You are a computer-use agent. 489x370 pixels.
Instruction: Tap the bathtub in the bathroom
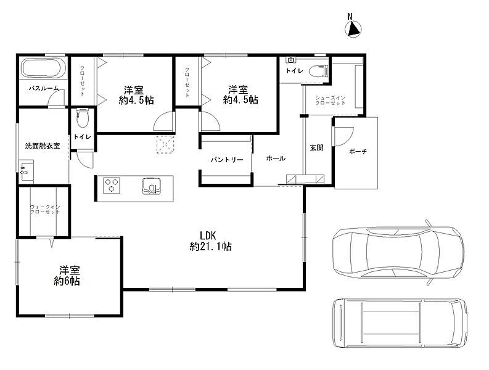pos(43,68)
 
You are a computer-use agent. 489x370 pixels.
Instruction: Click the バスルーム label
pos(43,89)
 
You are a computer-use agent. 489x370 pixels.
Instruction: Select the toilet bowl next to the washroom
pos(83,117)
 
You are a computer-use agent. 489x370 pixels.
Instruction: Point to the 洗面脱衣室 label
pos(43,146)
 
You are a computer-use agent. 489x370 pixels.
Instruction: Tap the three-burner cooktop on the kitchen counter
pos(112,184)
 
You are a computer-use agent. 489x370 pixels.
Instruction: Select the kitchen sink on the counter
pos(152,186)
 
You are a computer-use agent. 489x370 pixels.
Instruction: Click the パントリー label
pos(227,160)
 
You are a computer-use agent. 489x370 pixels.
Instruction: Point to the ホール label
pos(276,158)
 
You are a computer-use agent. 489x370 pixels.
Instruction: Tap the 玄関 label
pos(316,147)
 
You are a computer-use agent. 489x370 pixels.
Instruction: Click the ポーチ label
pos(358,152)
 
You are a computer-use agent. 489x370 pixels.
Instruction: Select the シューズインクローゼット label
pos(330,100)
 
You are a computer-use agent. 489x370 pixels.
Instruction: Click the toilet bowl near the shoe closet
pos(319,71)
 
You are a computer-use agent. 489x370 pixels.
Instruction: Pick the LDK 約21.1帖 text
pos(210,241)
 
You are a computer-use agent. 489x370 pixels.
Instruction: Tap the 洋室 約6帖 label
pos(67,276)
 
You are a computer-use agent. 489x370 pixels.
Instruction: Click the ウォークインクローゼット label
pos(45,209)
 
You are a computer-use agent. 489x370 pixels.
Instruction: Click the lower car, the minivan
pos(400,323)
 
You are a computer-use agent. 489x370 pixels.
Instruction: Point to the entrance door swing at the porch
pos(344,136)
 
